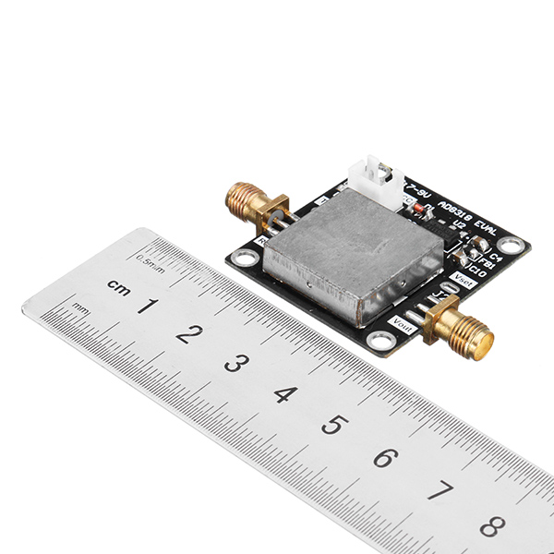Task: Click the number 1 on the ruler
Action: click(x=147, y=305)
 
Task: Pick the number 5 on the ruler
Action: click(x=331, y=426)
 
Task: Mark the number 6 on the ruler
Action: click(x=383, y=458)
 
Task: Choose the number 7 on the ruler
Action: click(x=438, y=491)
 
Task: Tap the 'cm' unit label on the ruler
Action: click(x=118, y=285)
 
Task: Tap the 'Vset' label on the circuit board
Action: click(x=464, y=283)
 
